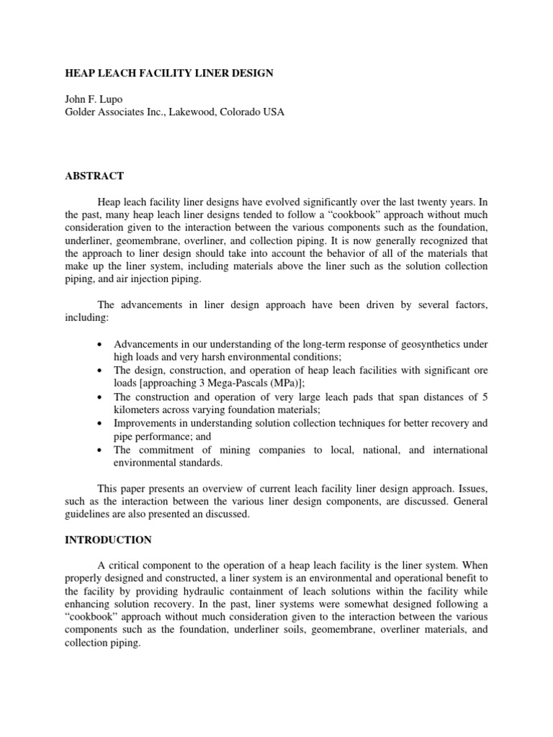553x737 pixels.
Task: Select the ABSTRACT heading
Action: [x=95, y=176]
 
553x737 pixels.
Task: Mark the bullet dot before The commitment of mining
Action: [x=99, y=450]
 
